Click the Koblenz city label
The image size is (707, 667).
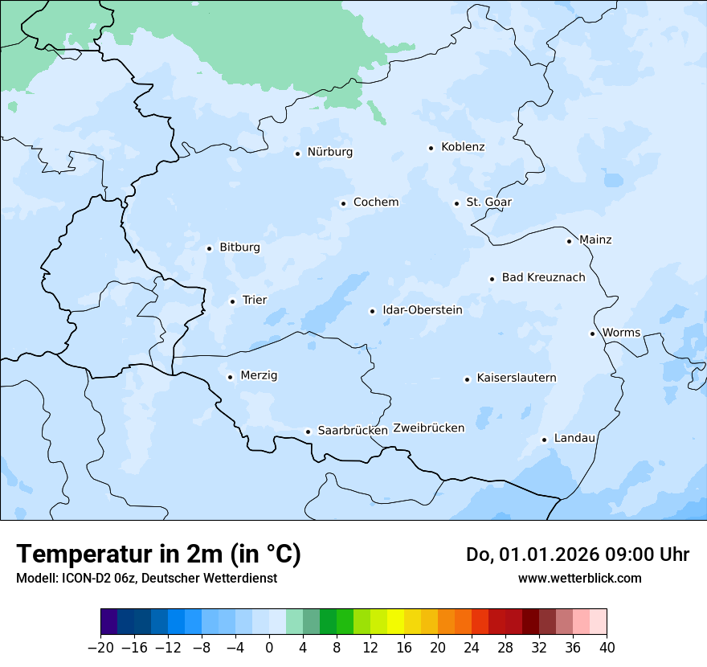click(x=463, y=147)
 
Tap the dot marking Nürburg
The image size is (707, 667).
click(x=297, y=153)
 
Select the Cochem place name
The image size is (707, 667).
click(x=375, y=203)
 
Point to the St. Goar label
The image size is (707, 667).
click(x=488, y=203)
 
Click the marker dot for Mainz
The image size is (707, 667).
click(x=569, y=241)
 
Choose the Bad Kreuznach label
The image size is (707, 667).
click(x=543, y=278)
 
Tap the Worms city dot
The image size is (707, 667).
click(x=592, y=333)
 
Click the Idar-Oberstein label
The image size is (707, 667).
click(x=423, y=310)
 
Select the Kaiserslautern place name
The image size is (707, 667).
click(x=516, y=379)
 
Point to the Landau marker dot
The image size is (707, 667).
click(x=544, y=440)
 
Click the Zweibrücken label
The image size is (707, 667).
click(x=428, y=428)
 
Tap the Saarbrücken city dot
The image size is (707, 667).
click(x=308, y=432)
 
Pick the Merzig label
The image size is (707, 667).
click(x=259, y=376)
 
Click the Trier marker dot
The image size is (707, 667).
click(x=232, y=301)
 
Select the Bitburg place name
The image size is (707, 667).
click(x=239, y=248)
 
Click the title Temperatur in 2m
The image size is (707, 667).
click(x=158, y=554)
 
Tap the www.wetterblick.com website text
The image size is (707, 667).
click(x=579, y=579)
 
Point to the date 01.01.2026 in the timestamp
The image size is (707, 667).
click(x=537, y=554)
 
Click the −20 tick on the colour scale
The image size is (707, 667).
click(x=100, y=648)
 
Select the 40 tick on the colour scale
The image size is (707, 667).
click(x=607, y=648)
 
